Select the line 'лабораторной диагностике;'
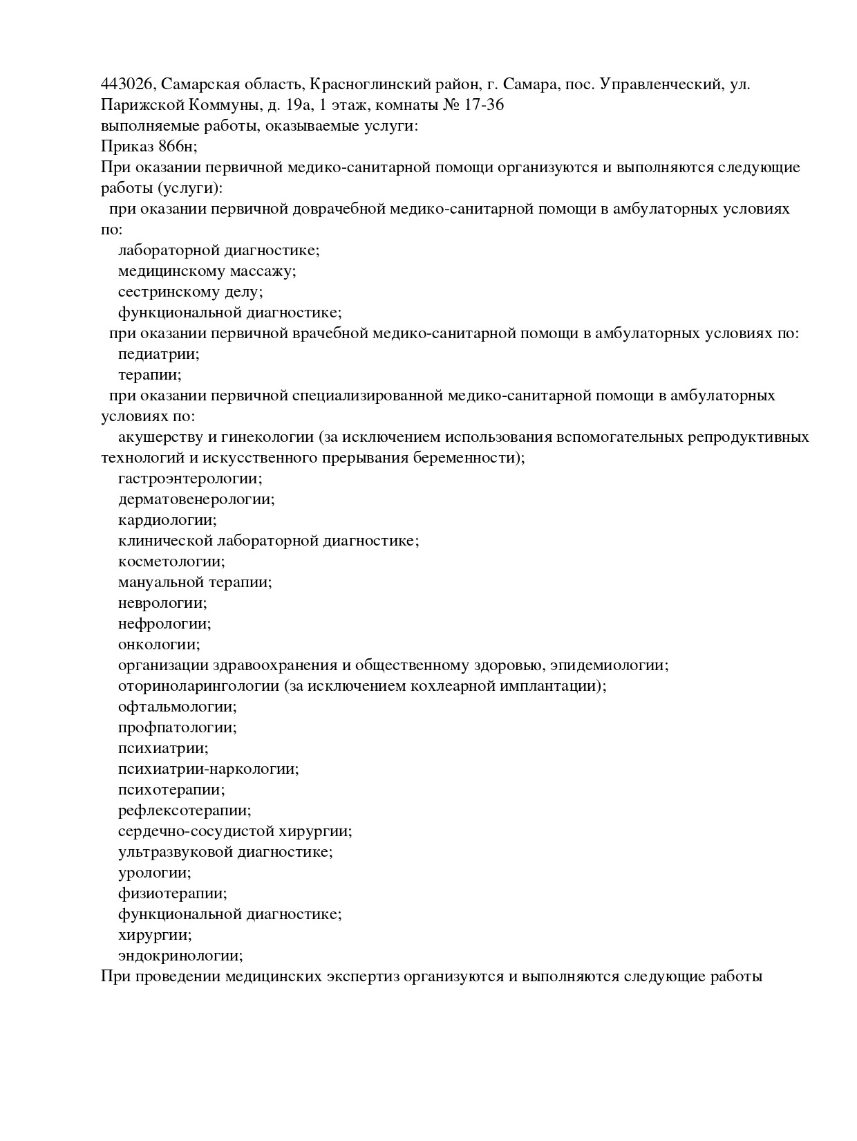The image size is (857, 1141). point(218,250)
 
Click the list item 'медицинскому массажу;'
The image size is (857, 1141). point(207,271)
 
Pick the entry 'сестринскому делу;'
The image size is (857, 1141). point(191,292)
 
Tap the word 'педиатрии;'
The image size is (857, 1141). point(158,354)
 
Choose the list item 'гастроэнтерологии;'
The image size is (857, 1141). point(190,479)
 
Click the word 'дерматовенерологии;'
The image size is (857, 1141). point(196,499)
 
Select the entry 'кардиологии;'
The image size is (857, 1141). point(167,520)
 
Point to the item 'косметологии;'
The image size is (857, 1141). point(171,562)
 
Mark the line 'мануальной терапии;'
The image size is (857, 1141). point(195,582)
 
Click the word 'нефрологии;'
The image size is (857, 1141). point(164,624)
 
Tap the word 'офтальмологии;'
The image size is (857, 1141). point(177,707)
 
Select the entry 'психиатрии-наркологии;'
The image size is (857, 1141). point(208,769)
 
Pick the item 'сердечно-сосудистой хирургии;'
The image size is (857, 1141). point(235,831)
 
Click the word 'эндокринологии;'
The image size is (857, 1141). point(180,956)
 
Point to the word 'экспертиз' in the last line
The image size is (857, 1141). point(362,976)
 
